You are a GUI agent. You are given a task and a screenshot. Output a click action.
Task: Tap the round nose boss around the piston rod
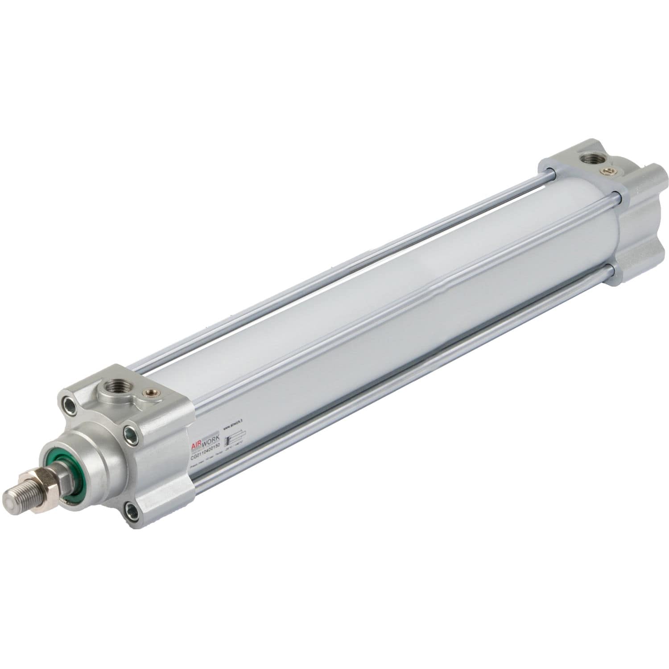[x=94, y=464]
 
